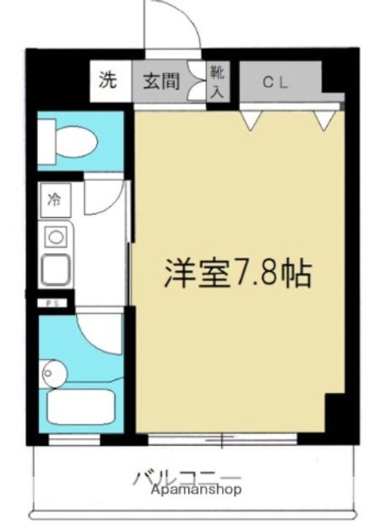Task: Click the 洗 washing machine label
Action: [108, 81]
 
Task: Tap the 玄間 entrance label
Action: [160, 81]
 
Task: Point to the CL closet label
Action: [275, 83]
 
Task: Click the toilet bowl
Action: [72, 140]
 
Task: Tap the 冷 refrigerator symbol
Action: [55, 199]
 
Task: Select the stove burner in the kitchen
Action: [54, 236]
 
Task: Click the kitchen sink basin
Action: [56, 271]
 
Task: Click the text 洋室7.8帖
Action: [237, 274]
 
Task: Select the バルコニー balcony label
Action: [186, 477]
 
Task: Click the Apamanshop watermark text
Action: [196, 491]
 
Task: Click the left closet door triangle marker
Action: [251, 120]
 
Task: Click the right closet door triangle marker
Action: [324, 120]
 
